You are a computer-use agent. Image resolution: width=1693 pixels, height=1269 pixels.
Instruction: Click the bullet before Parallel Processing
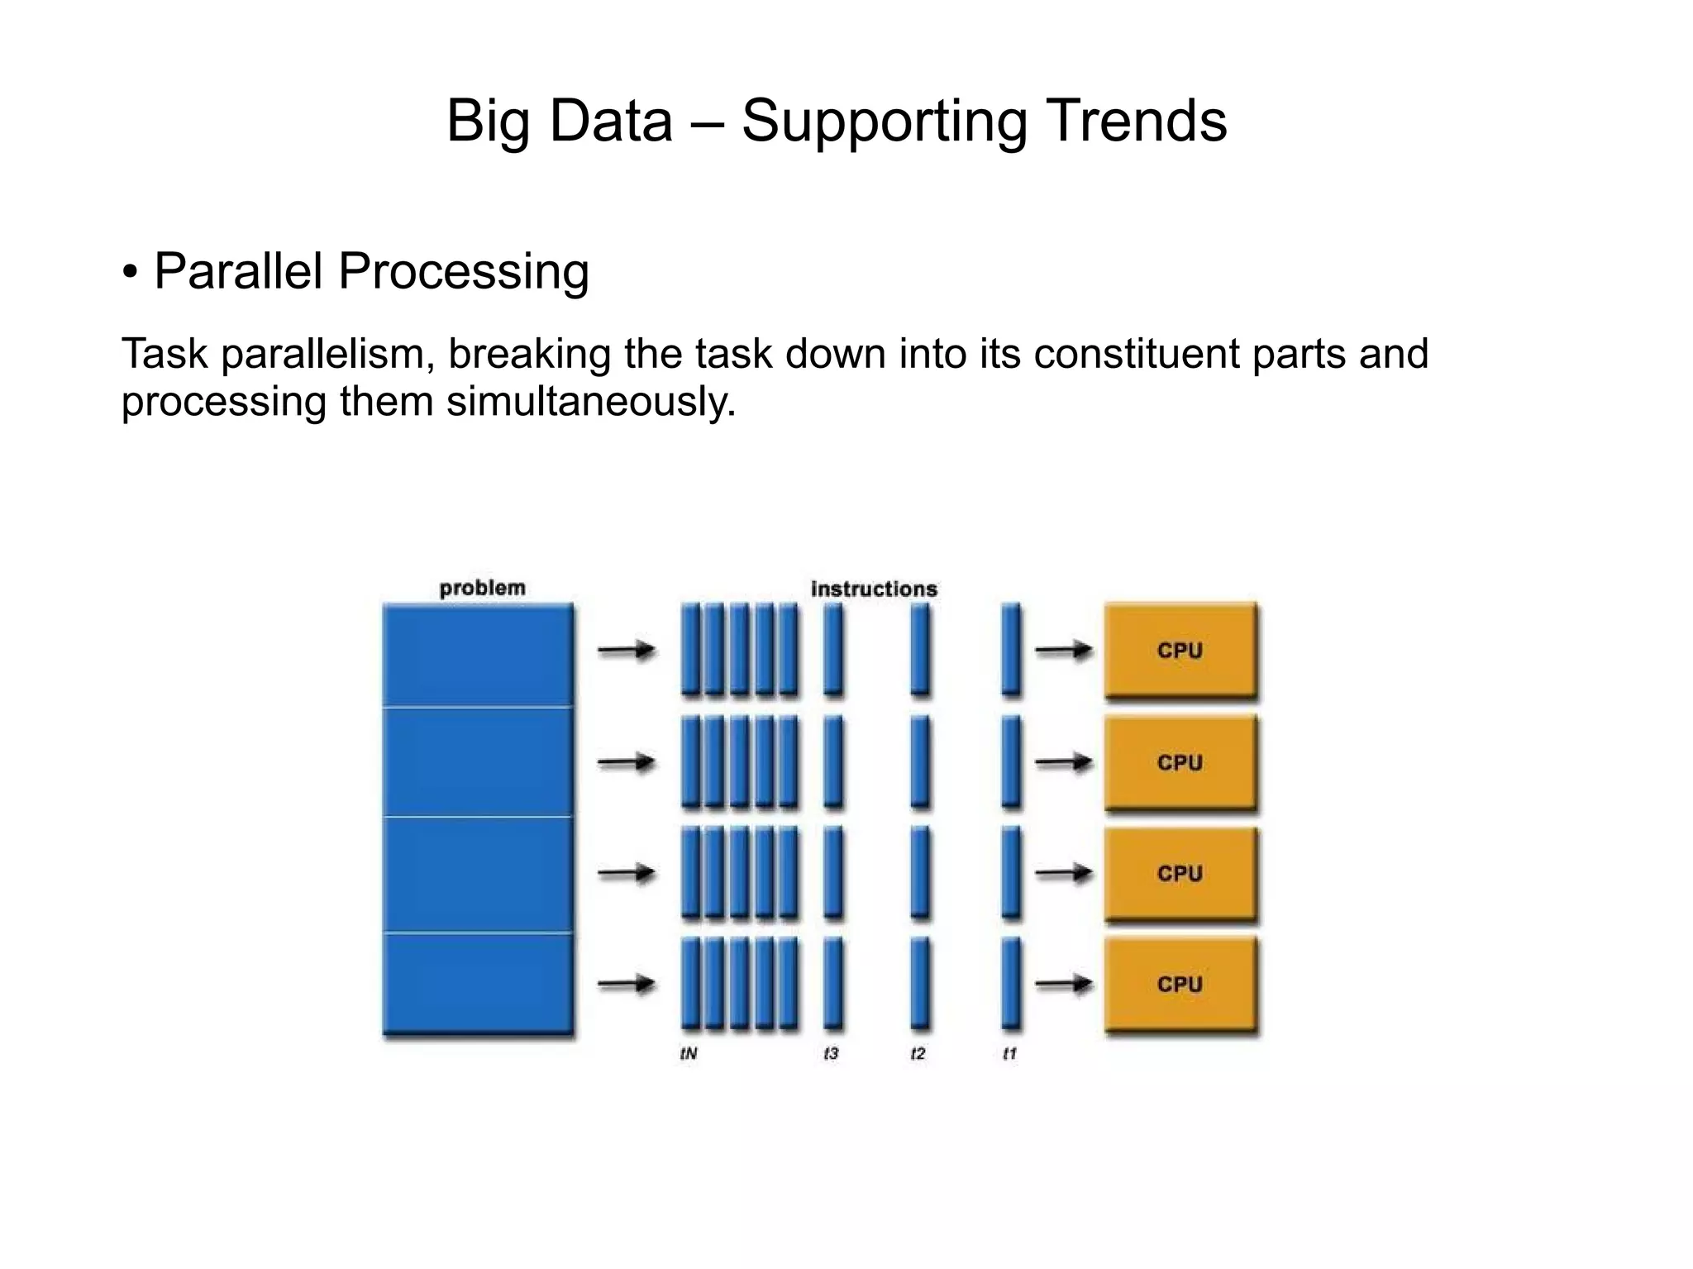pos(130,271)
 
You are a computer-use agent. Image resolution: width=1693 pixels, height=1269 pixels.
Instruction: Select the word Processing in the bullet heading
pos(464,273)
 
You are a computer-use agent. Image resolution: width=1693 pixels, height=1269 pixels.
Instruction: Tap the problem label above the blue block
pos(482,588)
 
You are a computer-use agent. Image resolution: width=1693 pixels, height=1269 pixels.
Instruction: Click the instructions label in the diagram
pos(874,589)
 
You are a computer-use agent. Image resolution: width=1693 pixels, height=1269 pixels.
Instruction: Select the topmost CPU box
pos(1180,651)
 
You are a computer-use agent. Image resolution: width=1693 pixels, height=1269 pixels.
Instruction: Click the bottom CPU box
pos(1180,984)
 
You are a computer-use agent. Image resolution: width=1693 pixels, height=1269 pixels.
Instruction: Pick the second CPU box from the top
pos(1180,762)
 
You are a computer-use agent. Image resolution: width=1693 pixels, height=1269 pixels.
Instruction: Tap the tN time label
pos(689,1053)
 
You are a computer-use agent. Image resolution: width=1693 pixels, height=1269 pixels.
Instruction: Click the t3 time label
pos(831,1053)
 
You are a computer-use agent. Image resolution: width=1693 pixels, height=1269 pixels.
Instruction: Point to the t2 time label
pos(918,1053)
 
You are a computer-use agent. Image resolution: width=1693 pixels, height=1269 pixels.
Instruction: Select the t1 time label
pos(1009,1053)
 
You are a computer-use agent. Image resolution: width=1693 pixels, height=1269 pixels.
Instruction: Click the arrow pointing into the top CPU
pos(1063,651)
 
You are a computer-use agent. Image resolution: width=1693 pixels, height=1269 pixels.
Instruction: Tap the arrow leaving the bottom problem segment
pos(626,984)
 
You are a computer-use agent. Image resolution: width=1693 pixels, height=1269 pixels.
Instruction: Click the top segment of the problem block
pos(478,655)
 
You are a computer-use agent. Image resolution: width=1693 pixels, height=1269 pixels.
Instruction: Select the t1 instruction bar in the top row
pos(1010,649)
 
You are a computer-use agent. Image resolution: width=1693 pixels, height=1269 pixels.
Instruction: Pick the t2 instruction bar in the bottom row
pos(919,983)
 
